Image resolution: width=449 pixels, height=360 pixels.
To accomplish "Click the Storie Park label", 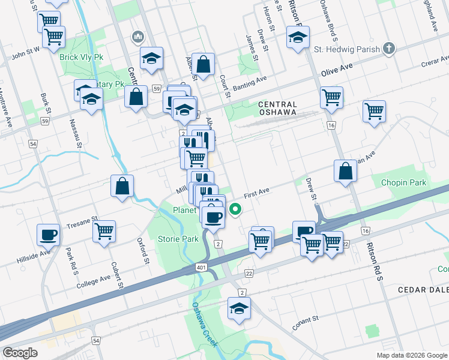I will tap(178, 239).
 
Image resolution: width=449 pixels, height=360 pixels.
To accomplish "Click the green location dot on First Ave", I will tap(236, 209).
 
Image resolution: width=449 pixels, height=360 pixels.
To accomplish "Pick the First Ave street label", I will tap(257, 194).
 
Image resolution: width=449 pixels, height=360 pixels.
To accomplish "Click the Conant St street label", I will tap(305, 323).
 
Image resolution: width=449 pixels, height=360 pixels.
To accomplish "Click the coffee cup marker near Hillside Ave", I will tap(48, 235).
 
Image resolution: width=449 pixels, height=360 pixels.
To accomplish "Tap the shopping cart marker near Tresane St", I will tap(104, 230).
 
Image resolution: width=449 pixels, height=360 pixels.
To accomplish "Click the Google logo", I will tap(20, 353).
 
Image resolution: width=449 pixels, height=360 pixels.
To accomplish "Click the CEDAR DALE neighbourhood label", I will tap(423, 289).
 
